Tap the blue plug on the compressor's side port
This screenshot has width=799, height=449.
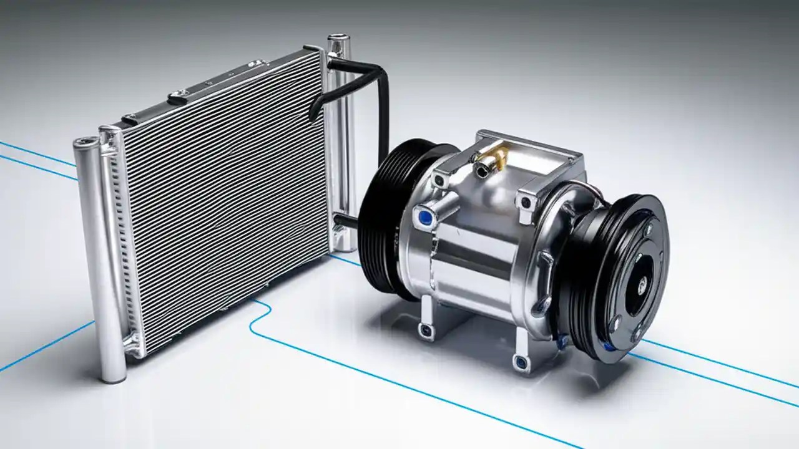(x=426, y=216)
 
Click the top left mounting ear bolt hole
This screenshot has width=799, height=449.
(x=440, y=181)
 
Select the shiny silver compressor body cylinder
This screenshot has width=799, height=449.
(x=474, y=262)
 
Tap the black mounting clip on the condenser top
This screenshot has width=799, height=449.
(x=178, y=97)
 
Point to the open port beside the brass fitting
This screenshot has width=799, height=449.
(x=481, y=167)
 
